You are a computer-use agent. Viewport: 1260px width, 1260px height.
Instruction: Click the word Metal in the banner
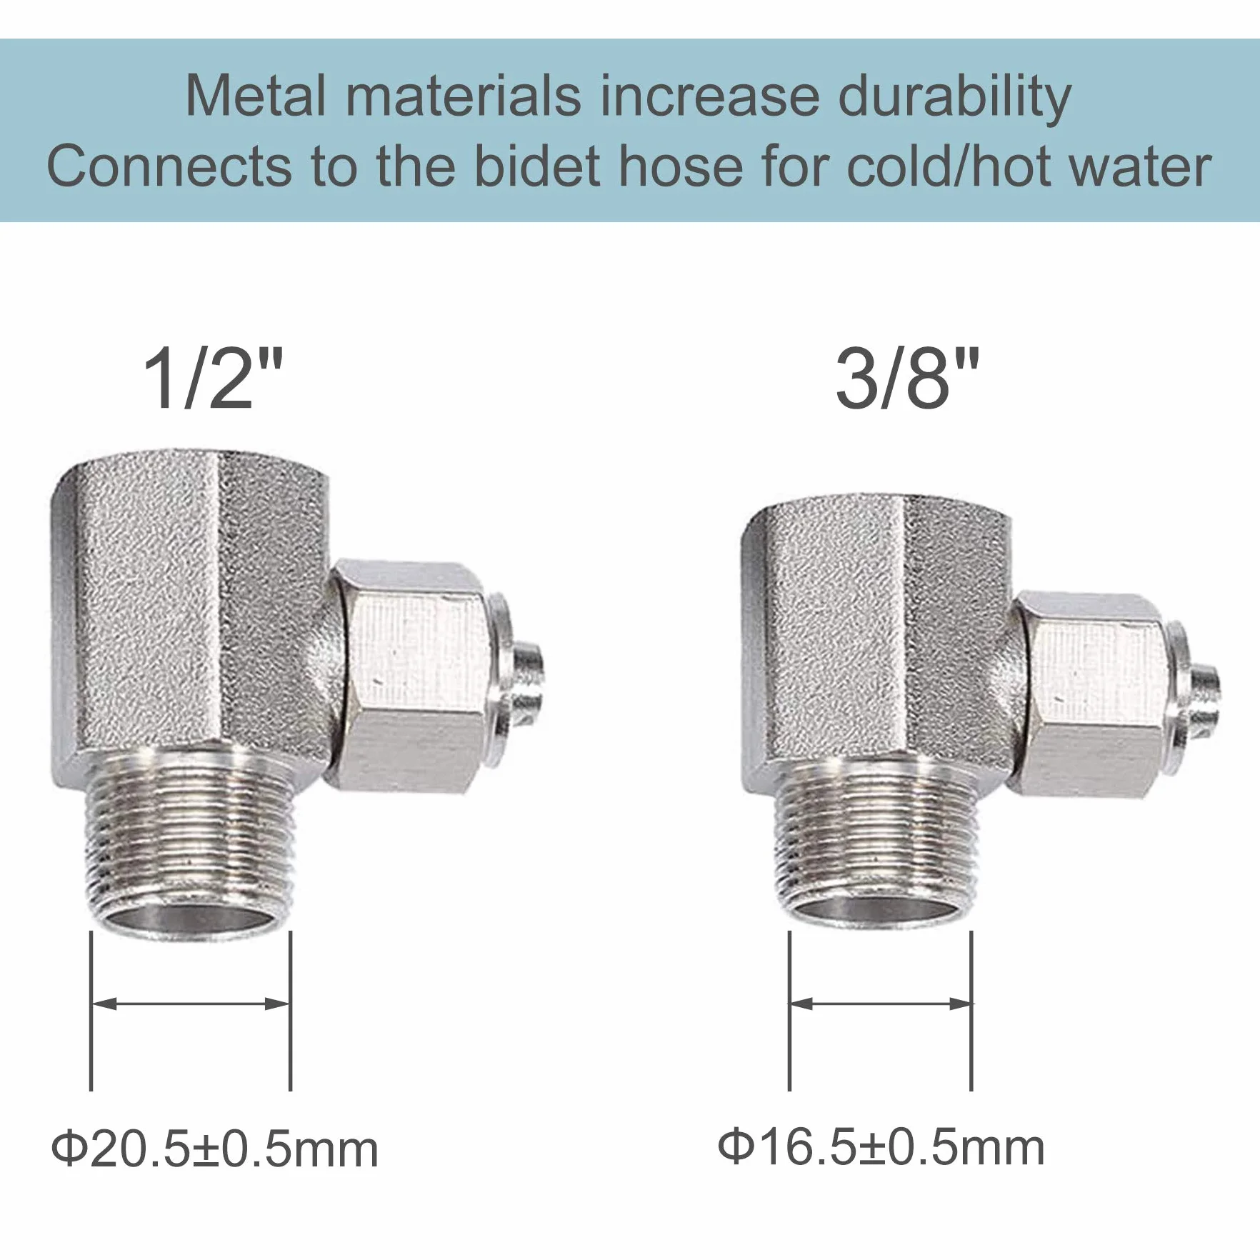point(256,96)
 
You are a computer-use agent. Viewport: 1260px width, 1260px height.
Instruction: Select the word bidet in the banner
point(537,166)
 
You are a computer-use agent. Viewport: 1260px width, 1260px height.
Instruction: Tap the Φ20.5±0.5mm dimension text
point(215,1149)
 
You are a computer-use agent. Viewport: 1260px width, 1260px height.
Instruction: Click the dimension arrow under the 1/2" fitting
point(191,1004)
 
